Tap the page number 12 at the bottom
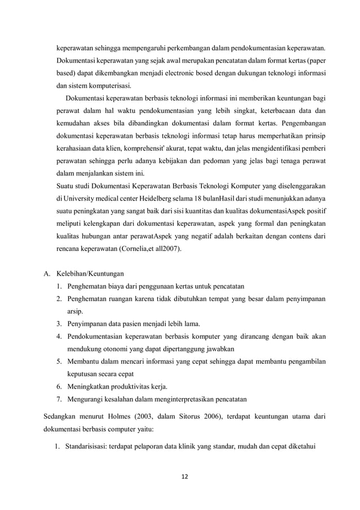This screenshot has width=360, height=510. click(185, 476)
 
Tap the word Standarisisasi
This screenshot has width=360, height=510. click(90, 449)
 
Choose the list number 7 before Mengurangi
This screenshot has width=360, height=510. click(59, 399)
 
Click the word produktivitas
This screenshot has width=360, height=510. click(129, 386)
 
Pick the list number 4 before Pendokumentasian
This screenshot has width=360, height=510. click(59, 336)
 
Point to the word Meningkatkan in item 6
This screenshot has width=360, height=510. click(90, 386)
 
